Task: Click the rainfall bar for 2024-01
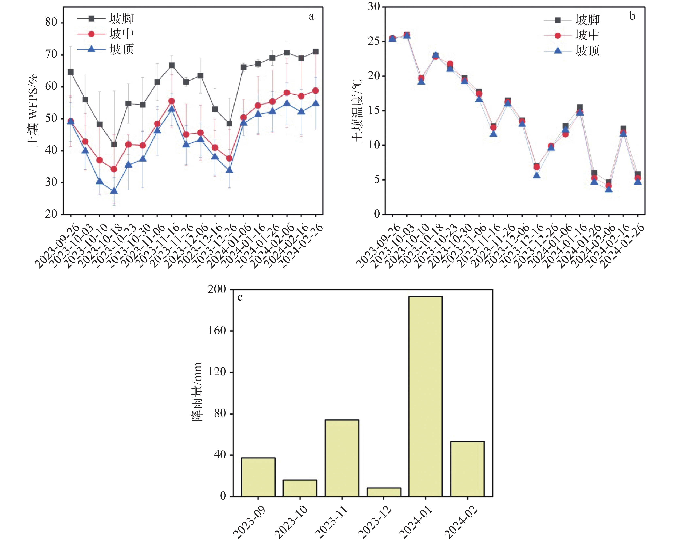[426, 396]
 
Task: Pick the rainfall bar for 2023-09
[258, 477]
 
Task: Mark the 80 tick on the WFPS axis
[51, 23]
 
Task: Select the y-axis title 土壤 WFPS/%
[33, 110]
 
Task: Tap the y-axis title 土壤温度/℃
[357, 110]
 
